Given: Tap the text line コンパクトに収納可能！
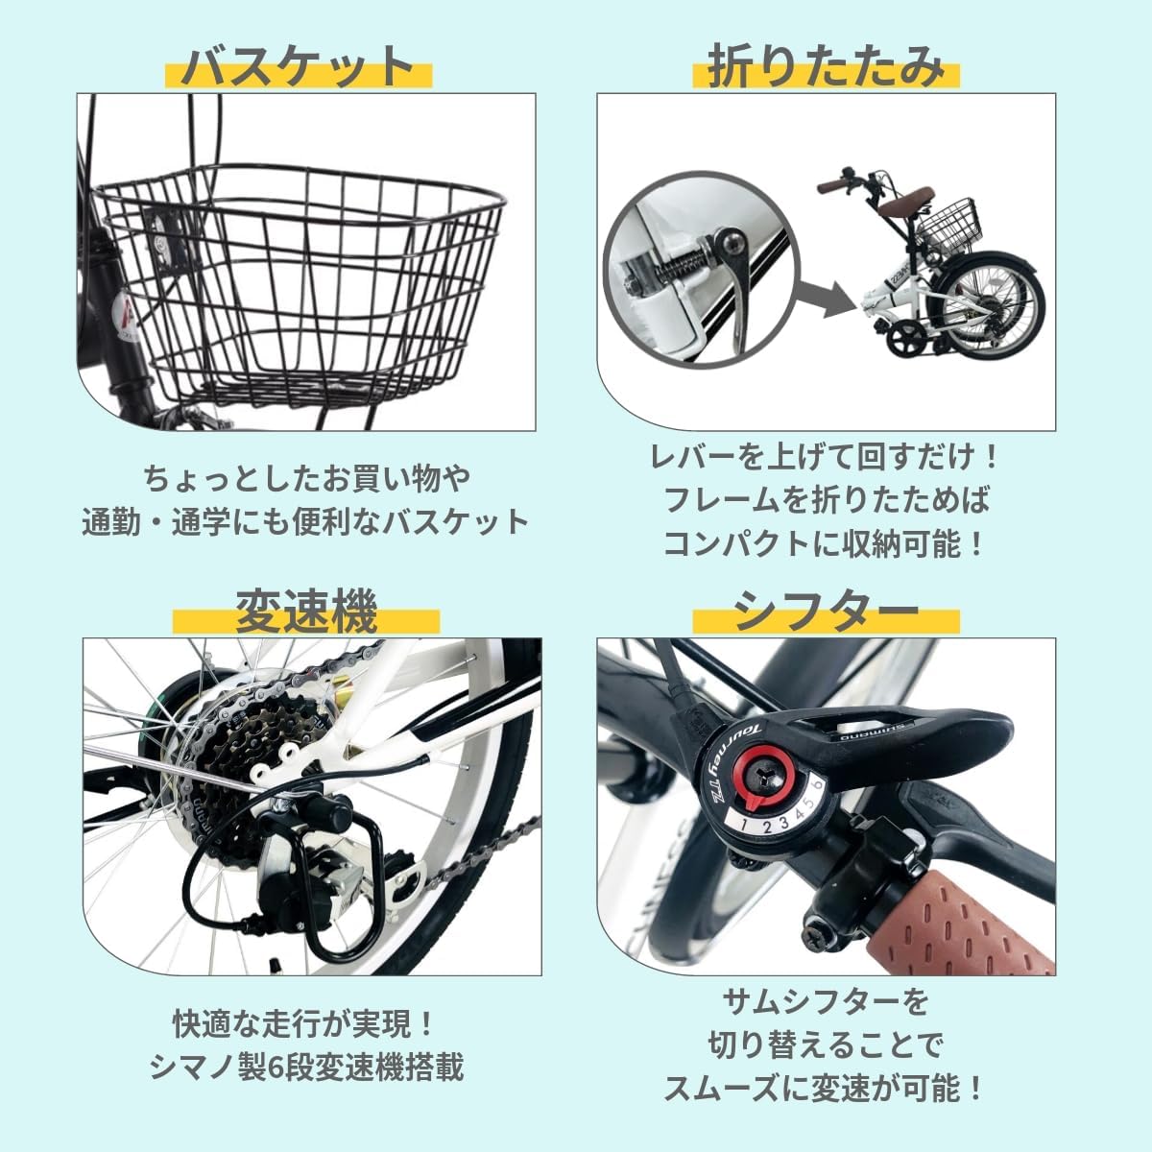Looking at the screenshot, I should tap(825, 544).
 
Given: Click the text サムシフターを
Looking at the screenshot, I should tap(825, 1002).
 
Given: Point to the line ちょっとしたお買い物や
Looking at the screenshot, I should tap(306, 477).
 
